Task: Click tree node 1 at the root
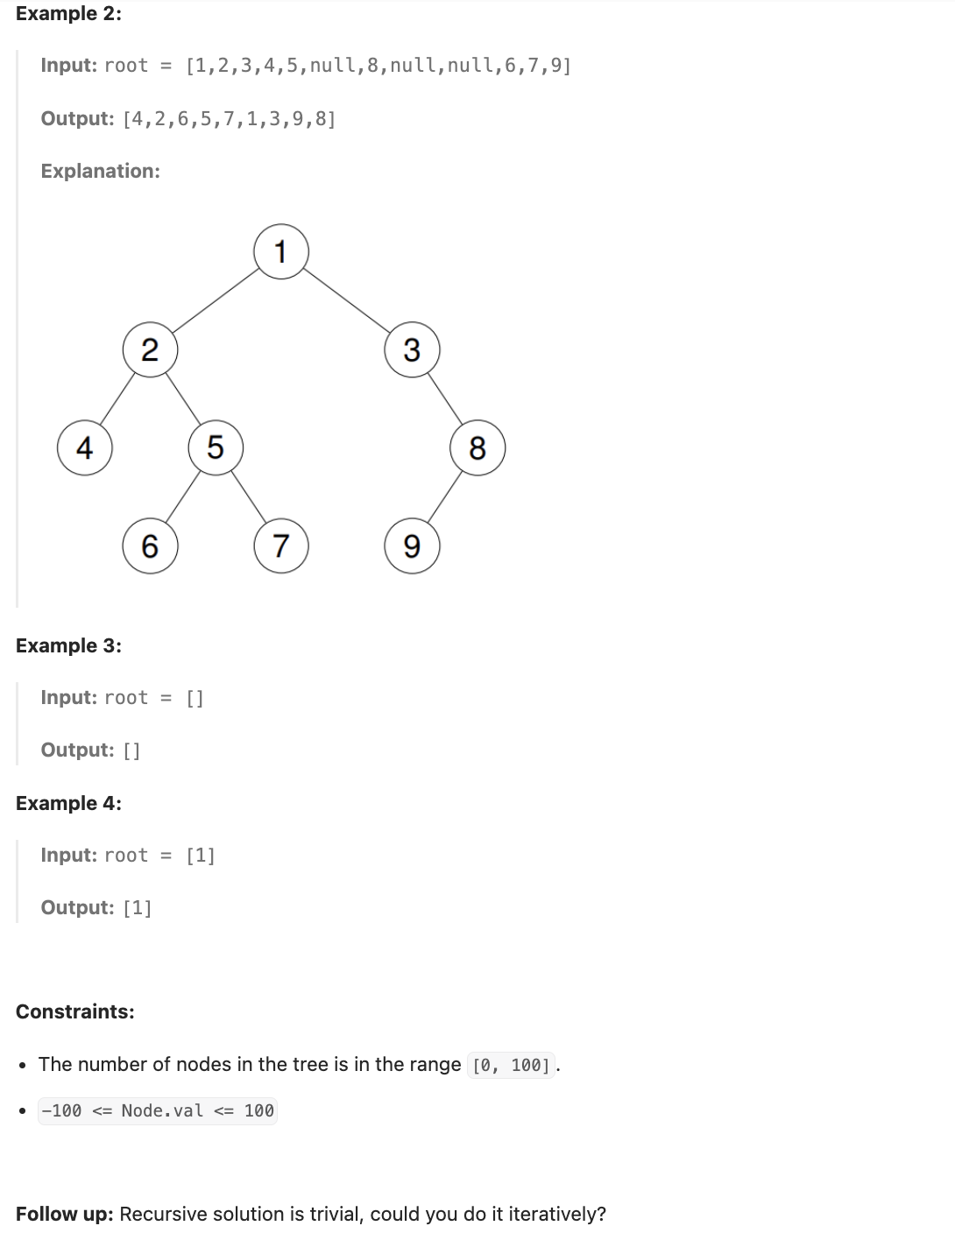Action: (281, 252)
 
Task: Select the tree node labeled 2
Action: (150, 350)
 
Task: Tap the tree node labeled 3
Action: (412, 350)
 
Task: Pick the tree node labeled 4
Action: (84, 448)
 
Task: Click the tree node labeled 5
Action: (216, 448)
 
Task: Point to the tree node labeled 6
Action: (150, 546)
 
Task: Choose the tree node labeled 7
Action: (281, 546)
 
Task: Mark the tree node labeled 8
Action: (477, 448)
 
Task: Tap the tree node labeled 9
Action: (412, 546)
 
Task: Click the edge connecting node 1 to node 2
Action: (216, 301)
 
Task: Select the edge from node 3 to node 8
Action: (445, 399)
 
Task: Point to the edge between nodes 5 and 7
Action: (249, 497)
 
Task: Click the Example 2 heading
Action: (68, 14)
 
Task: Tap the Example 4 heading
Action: (68, 803)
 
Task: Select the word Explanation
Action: (100, 171)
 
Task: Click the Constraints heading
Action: (75, 1011)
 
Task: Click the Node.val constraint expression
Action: (158, 1110)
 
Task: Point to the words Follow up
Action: (64, 1214)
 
